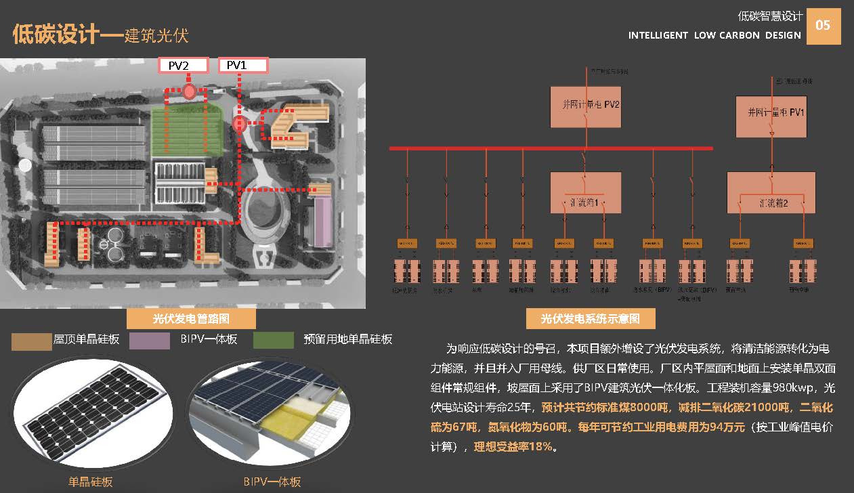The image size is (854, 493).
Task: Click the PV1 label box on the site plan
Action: (x=243, y=66)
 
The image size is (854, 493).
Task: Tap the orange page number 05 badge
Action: (x=823, y=26)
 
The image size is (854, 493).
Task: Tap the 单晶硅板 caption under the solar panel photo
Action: (x=90, y=482)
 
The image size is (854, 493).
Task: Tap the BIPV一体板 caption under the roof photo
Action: (x=272, y=482)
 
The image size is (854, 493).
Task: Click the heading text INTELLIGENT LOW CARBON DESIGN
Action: (x=714, y=35)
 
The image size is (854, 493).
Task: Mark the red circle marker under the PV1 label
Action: (x=238, y=125)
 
